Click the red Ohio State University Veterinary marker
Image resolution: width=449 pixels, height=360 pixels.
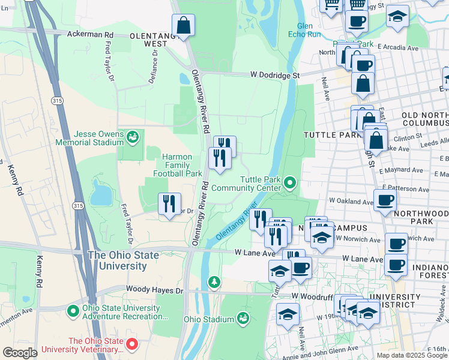coord(133,344)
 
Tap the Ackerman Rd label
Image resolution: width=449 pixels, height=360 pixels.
coord(90,35)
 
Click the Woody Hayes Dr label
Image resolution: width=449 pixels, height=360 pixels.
coord(154,290)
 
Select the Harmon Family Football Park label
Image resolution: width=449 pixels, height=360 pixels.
coord(177,165)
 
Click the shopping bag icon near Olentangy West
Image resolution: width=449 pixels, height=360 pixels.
coord(184,26)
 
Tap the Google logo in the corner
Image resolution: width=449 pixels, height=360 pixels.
coord(20,352)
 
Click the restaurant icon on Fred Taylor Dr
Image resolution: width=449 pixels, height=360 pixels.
coord(169,204)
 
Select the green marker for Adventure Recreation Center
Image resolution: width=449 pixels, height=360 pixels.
coord(73,311)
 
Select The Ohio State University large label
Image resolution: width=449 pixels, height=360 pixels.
coord(123,260)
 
